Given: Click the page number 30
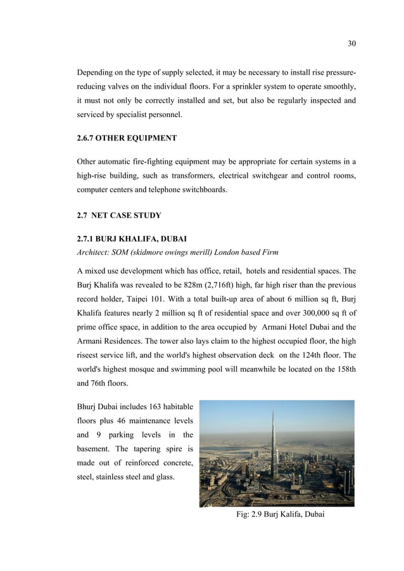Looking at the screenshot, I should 352,44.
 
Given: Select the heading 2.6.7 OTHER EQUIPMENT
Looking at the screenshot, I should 127,138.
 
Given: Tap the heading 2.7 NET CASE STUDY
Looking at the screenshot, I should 118,216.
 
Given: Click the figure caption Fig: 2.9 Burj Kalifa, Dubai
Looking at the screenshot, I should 280,515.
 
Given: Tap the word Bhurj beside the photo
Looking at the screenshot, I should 88,405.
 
